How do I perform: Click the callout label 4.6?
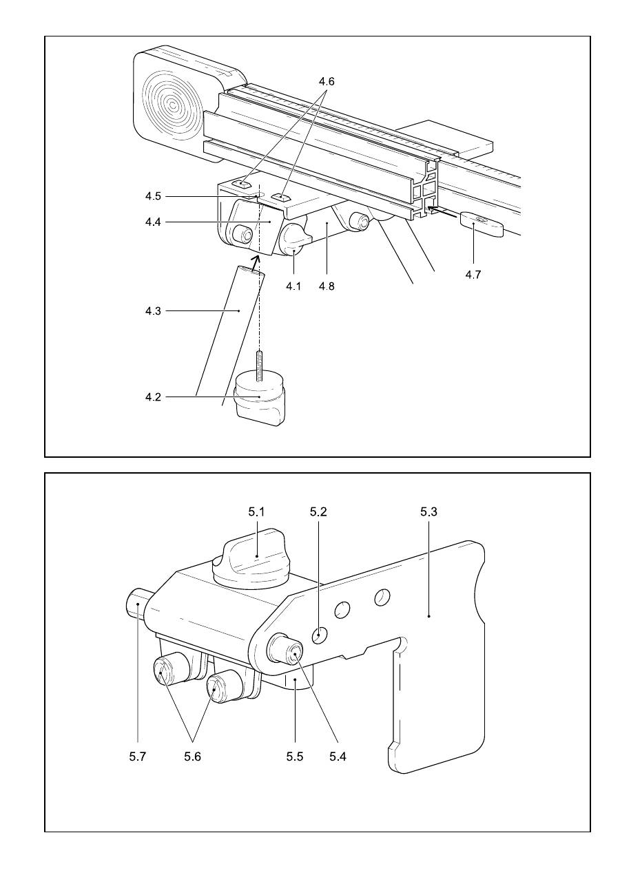[x=327, y=81]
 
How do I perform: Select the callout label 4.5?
[x=153, y=196]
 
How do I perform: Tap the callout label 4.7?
[x=473, y=275]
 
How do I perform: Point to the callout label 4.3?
[x=153, y=311]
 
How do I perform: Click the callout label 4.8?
[x=327, y=286]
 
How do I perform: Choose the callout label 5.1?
[x=256, y=511]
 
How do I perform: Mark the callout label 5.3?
[x=428, y=511]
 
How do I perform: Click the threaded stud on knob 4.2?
[x=258, y=366]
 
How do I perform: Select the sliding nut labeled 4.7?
[x=482, y=224]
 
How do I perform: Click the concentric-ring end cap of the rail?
[x=172, y=105]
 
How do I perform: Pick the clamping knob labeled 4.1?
[x=293, y=240]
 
